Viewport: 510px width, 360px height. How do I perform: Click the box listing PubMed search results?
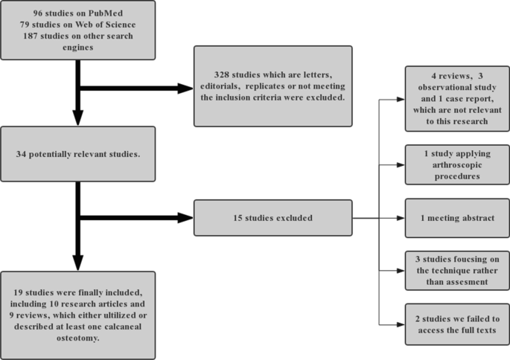[78, 30]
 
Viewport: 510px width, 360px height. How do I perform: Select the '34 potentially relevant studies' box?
[78, 153]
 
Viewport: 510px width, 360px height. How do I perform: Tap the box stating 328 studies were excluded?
[272, 86]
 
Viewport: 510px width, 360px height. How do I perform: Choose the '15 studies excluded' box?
[272, 218]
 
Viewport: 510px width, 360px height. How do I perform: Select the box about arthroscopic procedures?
[457, 164]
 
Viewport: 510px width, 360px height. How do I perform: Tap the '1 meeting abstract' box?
[457, 218]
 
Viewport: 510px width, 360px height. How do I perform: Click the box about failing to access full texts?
[457, 324]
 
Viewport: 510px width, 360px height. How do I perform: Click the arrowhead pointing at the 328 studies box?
[185, 89]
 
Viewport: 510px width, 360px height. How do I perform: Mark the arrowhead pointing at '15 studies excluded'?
[185, 218]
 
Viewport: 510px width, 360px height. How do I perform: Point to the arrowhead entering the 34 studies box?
[78, 120]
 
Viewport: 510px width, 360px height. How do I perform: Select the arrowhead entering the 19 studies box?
[78, 263]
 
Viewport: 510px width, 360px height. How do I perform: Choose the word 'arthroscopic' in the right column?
[457, 164]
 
